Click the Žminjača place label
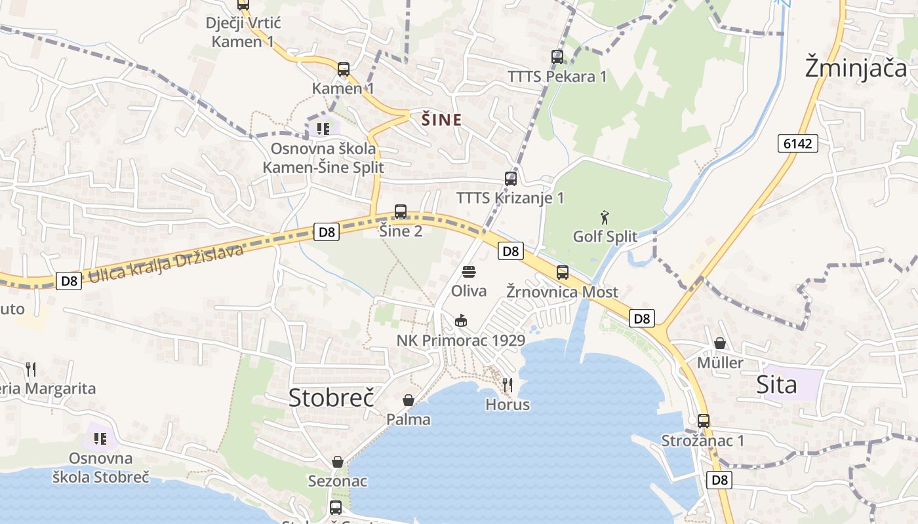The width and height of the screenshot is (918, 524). tap(856, 68)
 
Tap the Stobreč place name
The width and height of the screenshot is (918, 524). tap(331, 397)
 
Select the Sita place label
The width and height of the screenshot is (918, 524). tap(776, 384)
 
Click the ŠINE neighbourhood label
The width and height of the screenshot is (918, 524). tap(441, 120)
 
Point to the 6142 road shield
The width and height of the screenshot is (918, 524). tap(798, 143)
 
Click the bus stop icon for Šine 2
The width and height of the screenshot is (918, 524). tap(401, 212)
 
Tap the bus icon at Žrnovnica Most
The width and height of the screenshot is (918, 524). tap(562, 272)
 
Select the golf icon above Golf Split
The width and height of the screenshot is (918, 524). tap(605, 217)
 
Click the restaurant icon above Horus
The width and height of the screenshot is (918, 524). tap(507, 385)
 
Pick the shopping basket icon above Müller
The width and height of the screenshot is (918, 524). tap(720, 343)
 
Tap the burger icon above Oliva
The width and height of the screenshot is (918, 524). tap(468, 271)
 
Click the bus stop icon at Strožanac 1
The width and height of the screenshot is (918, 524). tap(703, 421)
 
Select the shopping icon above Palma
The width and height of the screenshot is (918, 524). tap(409, 400)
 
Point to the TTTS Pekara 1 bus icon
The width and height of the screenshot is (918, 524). tap(557, 57)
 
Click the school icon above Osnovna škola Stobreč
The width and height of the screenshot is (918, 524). tap(100, 438)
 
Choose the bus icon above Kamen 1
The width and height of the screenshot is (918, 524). tap(343, 69)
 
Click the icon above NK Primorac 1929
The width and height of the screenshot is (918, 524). tap(461, 321)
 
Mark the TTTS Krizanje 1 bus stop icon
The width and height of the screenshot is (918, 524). tap(510, 178)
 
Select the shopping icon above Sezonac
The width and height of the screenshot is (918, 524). tap(338, 462)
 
